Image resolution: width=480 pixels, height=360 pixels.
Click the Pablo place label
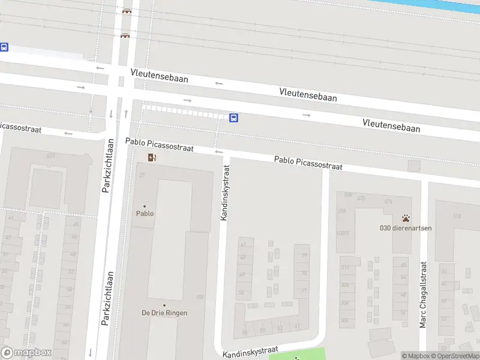click(145, 213)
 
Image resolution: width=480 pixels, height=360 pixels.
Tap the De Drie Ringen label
click(164, 313)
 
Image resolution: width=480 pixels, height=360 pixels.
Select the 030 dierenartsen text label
click(406, 227)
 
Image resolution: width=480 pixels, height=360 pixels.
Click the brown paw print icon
click(406, 218)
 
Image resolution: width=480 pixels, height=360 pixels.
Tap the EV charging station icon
click(152, 158)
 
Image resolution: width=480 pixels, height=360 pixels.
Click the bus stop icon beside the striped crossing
click(233, 118)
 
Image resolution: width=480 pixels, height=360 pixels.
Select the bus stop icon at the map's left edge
click(4, 47)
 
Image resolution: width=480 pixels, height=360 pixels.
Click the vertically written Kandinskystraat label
click(224, 193)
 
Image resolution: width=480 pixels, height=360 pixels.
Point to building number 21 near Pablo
click(142, 175)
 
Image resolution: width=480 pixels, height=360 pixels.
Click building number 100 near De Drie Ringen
click(200, 297)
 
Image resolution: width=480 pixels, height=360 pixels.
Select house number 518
click(457, 216)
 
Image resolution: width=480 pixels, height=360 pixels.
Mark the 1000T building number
click(343, 233)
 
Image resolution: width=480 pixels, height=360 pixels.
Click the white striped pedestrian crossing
click(186, 112)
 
